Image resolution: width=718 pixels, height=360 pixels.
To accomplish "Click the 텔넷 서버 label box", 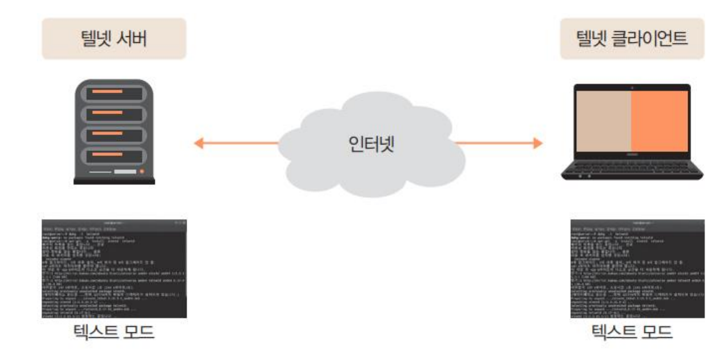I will (114, 39).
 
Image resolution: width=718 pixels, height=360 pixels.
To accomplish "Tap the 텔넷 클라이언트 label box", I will (632, 39).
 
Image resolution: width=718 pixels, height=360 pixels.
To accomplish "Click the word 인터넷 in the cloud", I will (371, 144).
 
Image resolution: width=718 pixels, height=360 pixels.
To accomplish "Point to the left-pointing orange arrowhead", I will (199, 143).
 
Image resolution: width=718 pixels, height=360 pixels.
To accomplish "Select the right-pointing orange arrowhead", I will (538, 143).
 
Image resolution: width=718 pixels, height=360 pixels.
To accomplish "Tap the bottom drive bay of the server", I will (114, 156).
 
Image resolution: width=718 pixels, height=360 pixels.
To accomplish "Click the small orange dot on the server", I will (142, 171).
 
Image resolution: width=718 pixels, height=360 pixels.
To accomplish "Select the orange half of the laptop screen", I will (659, 121).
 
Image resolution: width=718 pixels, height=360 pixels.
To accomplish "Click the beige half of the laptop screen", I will (603, 121).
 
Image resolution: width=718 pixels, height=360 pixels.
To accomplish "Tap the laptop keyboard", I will (632, 166).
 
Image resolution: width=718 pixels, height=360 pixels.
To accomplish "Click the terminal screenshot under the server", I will (114, 269).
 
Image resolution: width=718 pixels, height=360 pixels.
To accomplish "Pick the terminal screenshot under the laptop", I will (637, 269).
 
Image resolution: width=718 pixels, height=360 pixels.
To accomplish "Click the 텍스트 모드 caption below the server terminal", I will (114, 332).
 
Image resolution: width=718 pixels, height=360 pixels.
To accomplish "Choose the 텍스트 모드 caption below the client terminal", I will (632, 332).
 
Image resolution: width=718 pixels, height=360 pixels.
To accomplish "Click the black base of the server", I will (114, 181).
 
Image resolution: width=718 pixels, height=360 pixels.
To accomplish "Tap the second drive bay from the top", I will (114, 115).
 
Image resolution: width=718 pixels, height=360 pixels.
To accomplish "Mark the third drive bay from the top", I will (114, 135).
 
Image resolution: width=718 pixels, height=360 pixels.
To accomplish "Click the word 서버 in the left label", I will (131, 39).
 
